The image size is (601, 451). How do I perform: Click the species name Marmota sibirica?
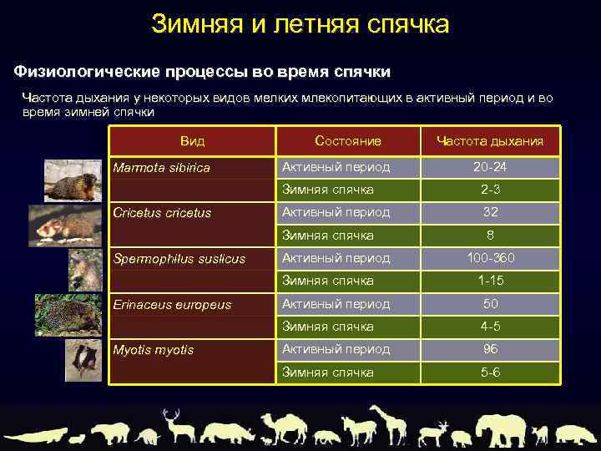coord(161,168)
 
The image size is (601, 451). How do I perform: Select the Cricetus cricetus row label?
coord(161,213)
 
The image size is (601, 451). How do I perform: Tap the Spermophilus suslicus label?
coord(179,259)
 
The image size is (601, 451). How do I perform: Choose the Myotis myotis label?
coord(153,350)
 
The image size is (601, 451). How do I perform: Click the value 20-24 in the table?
coord(490,167)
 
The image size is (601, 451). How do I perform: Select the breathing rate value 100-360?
coord(490,258)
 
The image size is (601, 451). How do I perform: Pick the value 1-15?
coord(490,281)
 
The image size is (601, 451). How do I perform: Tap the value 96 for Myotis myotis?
coord(490,349)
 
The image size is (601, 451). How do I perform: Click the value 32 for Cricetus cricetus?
coord(490,212)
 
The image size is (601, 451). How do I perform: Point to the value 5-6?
coord(490,372)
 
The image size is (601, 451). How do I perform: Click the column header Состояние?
coord(348,140)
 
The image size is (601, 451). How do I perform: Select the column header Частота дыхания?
coord(490,141)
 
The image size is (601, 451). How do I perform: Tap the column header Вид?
coord(192,140)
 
